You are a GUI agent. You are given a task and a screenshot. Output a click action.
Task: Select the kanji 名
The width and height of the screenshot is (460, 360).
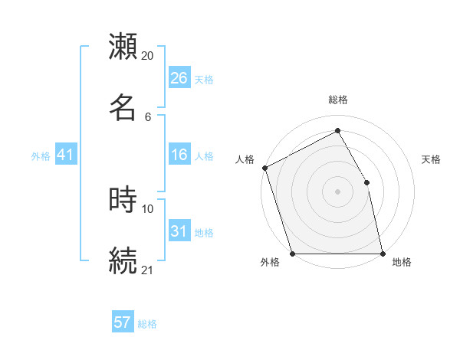point(123,107)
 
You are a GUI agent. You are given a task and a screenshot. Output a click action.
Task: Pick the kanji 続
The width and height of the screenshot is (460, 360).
point(123,260)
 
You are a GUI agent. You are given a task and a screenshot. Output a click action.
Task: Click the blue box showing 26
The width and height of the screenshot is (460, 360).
point(179,78)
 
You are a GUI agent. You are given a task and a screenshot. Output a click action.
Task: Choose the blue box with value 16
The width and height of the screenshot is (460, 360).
point(179,155)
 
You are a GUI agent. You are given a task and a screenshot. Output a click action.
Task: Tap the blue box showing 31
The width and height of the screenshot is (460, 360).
point(179,232)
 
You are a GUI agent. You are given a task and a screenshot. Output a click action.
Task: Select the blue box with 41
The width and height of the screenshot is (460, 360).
point(66,155)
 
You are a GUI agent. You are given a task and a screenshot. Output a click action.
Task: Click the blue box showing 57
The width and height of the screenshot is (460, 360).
point(123,322)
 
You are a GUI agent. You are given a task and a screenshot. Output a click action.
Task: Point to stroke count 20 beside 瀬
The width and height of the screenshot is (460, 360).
point(147,56)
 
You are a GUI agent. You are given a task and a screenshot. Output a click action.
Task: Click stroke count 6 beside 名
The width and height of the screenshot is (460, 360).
point(147,117)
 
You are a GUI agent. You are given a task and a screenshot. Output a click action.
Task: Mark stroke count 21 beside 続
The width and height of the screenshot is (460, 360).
point(147,270)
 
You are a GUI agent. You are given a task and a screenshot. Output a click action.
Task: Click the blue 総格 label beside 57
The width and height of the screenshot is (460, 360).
point(147,324)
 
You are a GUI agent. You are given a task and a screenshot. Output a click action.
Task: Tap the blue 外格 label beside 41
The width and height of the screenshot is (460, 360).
point(41,156)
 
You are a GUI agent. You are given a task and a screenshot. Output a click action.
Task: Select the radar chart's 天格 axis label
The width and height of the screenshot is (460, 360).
point(432,159)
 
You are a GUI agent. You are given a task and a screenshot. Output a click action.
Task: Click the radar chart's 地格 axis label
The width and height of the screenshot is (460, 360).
point(402,263)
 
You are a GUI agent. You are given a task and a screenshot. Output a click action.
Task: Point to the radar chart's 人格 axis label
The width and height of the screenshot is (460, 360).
point(245,159)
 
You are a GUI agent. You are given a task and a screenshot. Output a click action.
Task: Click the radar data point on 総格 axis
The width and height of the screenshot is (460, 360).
point(337,132)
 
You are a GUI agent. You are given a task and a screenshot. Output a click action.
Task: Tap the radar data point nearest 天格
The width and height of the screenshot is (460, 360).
point(366,182)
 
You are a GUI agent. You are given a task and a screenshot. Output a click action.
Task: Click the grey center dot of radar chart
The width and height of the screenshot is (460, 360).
point(337,191)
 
